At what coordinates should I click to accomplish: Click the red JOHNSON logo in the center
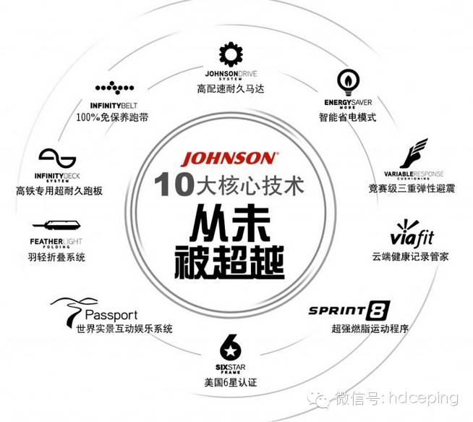point(229,159)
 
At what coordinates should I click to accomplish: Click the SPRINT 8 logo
point(349,311)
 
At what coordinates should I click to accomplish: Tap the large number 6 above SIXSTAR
point(229,345)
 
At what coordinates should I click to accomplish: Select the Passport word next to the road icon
point(111,316)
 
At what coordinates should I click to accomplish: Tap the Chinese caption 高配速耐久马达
point(231,89)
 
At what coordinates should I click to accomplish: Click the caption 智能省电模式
point(347,117)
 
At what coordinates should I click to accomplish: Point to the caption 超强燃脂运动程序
point(349,329)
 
